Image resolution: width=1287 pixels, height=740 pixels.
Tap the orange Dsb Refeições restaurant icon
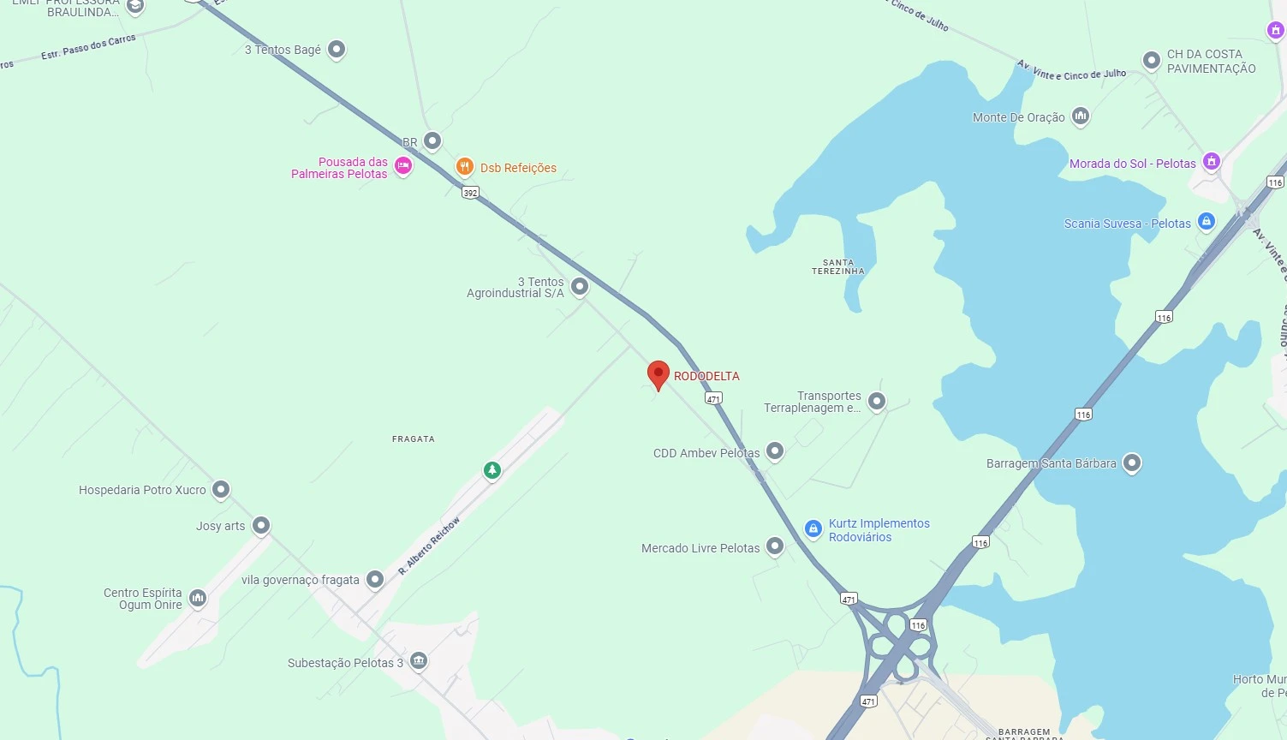464,167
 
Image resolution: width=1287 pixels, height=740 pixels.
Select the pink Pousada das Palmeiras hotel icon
403,166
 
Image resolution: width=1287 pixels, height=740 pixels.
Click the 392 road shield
470,193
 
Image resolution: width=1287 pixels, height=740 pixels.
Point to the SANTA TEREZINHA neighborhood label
838,267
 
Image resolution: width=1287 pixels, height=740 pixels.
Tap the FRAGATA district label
414,439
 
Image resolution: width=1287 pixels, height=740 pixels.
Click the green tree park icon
492,469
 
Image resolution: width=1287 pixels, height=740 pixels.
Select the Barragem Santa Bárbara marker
1131,463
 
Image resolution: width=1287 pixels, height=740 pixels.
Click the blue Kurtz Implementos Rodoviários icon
813,529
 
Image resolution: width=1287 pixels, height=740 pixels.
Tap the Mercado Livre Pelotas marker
775,546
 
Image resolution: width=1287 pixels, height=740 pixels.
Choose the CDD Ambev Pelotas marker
775,451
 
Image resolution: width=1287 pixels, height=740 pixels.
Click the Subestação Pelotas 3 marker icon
419,661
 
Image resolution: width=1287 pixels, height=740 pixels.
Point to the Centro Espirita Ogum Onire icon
198,598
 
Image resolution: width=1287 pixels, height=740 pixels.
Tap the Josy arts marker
261,525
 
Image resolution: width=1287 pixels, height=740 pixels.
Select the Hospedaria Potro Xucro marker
221,489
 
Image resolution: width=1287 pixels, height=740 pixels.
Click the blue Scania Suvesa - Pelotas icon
1206,223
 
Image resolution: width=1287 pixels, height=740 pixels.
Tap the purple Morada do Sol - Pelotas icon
1211,161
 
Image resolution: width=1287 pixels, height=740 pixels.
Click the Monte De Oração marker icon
1081,116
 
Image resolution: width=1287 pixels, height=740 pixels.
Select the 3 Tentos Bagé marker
337,49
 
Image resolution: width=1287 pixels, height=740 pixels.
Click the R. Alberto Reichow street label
429,546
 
